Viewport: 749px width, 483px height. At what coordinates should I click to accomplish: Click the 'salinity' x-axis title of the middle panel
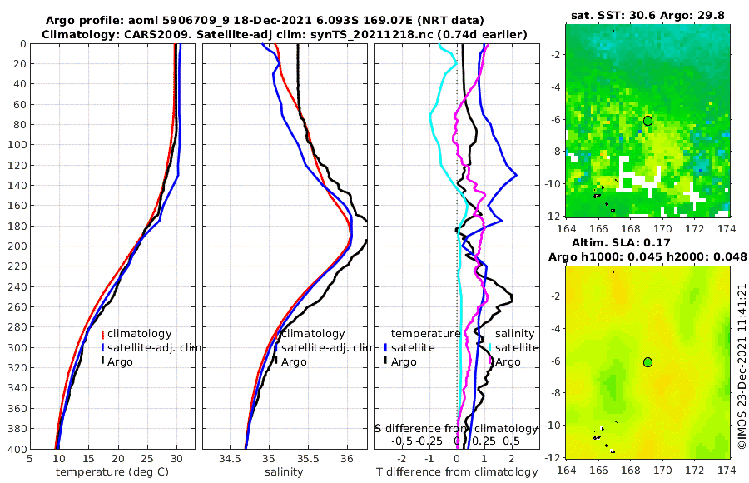click(283, 472)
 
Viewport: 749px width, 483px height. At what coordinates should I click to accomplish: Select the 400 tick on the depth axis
click(17, 449)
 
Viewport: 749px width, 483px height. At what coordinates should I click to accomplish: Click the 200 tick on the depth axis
click(17, 246)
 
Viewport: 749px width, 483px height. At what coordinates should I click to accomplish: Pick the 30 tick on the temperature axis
click(176, 458)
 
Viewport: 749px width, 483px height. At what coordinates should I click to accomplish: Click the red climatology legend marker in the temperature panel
click(103, 334)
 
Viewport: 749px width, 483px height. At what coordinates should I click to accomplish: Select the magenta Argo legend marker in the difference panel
click(492, 361)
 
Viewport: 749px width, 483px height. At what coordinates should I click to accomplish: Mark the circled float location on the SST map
click(647, 121)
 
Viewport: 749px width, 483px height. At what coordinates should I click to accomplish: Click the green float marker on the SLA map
click(647, 361)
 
